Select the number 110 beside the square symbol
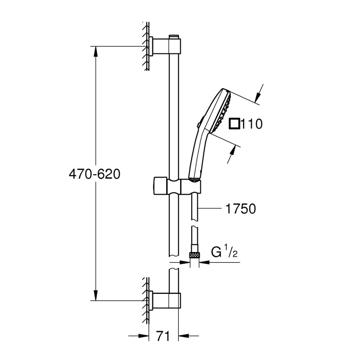point(252,124)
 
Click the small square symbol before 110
point(234,123)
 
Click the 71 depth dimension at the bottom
point(163,336)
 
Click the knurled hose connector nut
point(194,254)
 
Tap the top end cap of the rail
point(174,36)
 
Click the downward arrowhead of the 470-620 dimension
point(95,296)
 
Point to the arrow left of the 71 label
point(144,336)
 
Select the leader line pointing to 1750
point(211,209)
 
